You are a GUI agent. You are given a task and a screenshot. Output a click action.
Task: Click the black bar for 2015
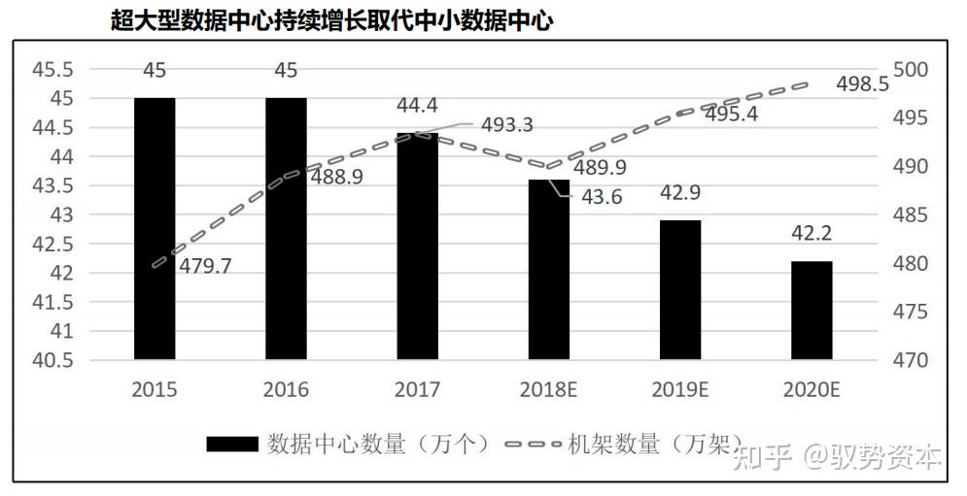[154, 228]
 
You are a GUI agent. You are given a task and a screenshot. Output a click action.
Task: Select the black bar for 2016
[286, 228]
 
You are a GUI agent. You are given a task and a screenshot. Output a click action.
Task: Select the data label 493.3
[506, 125]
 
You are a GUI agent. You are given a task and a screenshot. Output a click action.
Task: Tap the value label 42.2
[812, 233]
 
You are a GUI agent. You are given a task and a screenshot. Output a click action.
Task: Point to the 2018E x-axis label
[549, 390]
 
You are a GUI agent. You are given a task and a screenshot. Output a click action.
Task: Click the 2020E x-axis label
[812, 390]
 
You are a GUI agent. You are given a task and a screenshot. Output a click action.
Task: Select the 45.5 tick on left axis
[53, 70]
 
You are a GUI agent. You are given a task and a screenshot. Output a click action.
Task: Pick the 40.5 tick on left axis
[53, 360]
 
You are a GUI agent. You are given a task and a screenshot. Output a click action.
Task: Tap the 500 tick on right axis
[911, 70]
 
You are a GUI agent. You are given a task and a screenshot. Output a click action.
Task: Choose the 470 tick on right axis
[911, 360]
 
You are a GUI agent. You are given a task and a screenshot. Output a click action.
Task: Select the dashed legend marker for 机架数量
[534, 445]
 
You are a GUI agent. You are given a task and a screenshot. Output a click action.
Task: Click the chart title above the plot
[332, 19]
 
